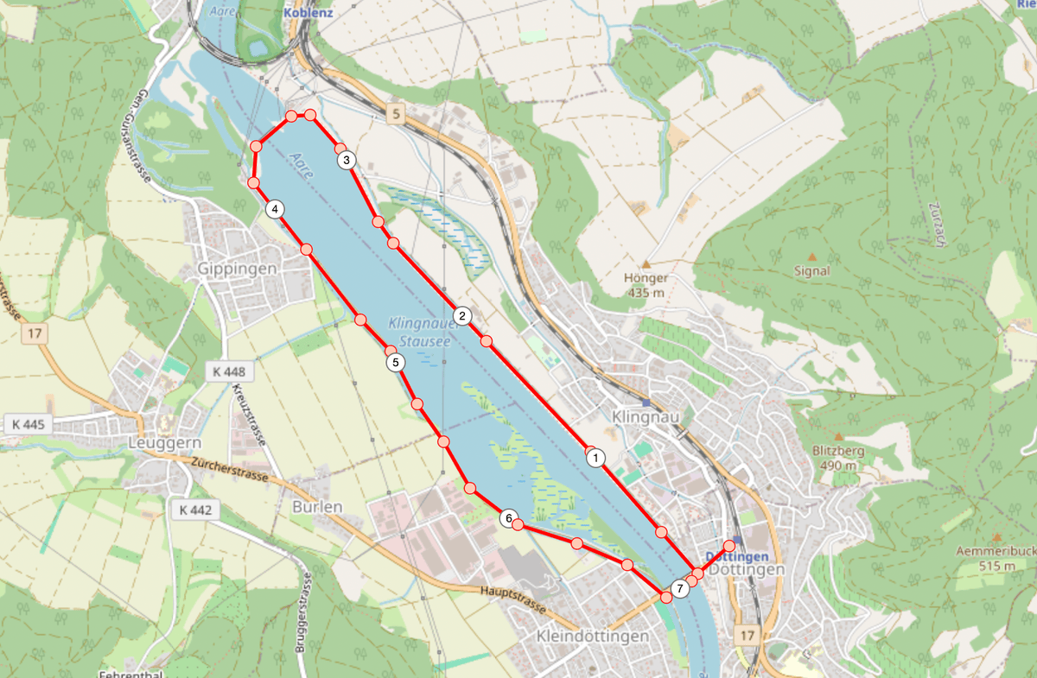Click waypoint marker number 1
595,459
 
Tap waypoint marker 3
346,160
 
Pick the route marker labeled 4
274,209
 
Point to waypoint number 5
396,363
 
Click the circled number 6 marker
509,518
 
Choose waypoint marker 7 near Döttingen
680,589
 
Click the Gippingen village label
237,269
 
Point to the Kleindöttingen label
592,637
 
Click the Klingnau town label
642,417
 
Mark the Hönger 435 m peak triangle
646,264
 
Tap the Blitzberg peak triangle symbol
837,436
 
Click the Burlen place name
317,507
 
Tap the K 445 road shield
29,424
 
